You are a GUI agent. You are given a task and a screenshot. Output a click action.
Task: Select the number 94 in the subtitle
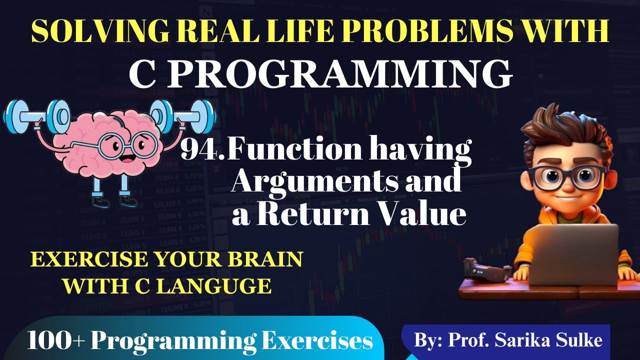pyautogui.click(x=197, y=149)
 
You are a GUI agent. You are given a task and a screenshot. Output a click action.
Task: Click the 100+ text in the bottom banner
pyautogui.click(x=55, y=341)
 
